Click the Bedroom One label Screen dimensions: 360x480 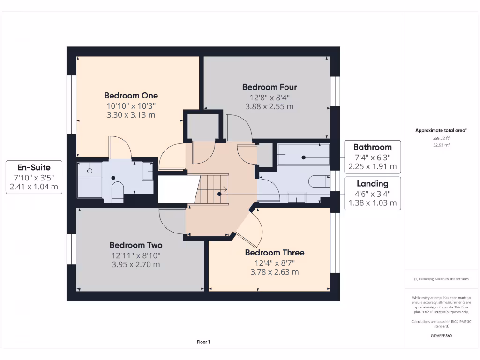[x=131, y=96]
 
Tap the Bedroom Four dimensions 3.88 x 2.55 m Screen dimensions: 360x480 [x=269, y=106]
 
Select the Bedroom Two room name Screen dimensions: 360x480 [x=136, y=245]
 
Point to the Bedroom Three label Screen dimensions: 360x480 [x=274, y=253]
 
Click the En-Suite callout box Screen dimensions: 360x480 [x=34, y=177]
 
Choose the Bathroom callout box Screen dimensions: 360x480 [x=372, y=157]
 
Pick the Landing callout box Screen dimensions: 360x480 [x=372, y=193]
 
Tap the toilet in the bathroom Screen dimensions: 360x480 [x=320, y=181]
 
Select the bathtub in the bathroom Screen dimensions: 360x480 [x=303, y=155]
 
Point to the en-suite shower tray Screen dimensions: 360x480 [x=89, y=180]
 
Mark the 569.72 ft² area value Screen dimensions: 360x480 [x=441, y=138]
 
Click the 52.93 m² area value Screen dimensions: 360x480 [x=441, y=145]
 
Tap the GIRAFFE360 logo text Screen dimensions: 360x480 [x=441, y=336]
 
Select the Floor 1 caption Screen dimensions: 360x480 [x=203, y=342]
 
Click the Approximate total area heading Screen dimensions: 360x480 [x=441, y=131]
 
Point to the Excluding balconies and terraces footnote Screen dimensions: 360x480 [x=441, y=279]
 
